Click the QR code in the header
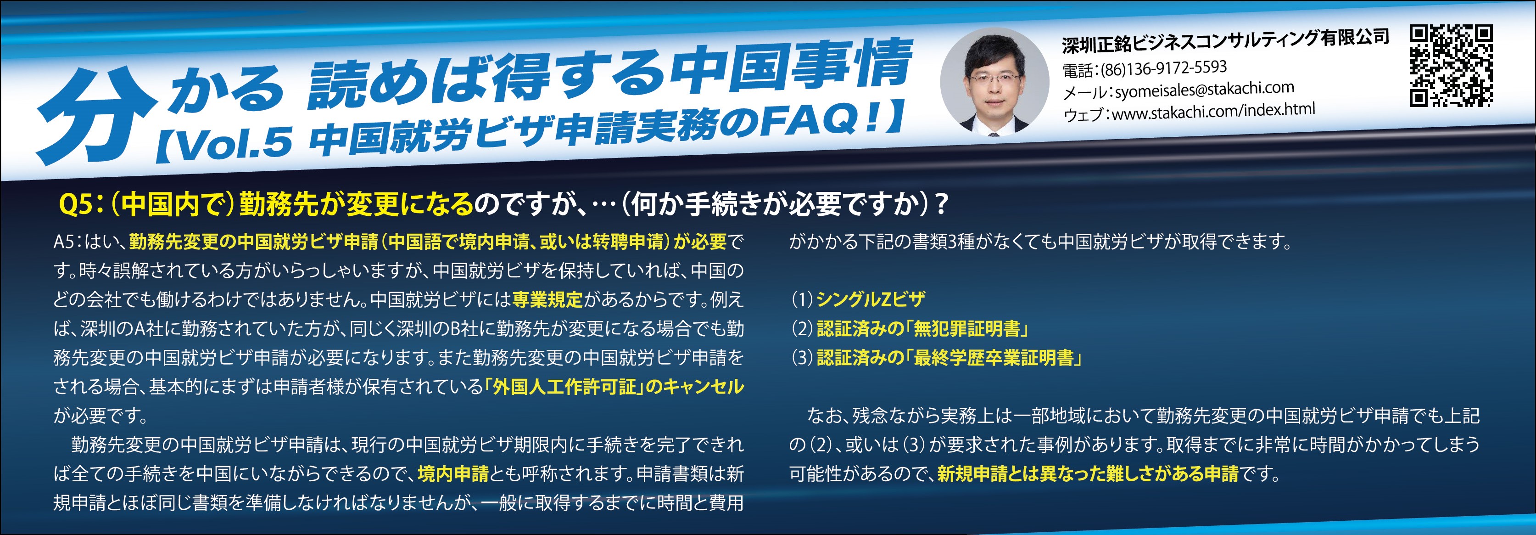click(x=1451, y=66)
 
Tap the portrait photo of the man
click(x=994, y=82)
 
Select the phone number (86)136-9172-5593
click(x=1163, y=68)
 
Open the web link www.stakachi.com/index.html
click(x=1213, y=110)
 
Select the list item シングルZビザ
click(x=871, y=299)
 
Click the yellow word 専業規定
click(x=547, y=299)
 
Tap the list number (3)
click(x=803, y=358)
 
